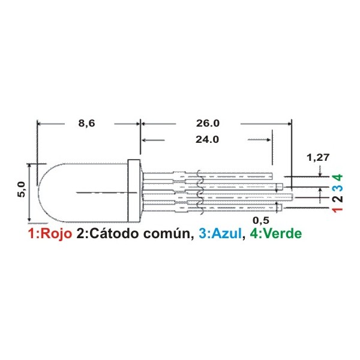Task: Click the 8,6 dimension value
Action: [x=86, y=123]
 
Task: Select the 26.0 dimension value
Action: [x=208, y=123]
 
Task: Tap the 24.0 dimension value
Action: [x=207, y=139]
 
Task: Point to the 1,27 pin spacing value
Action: [x=318, y=157]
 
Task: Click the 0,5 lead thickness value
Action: [x=261, y=220]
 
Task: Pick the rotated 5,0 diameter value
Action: [x=22, y=189]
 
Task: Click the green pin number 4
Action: [x=338, y=178]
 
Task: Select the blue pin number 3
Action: [x=338, y=188]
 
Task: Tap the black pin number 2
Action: [x=338, y=199]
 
